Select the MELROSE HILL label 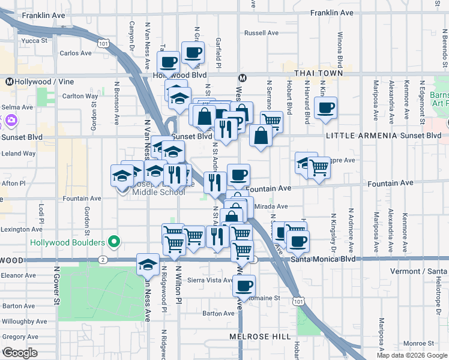coord(260,337)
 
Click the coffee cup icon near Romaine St coord(244,286)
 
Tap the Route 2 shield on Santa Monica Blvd coord(103,260)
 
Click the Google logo coord(20,353)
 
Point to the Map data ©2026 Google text coord(412,355)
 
